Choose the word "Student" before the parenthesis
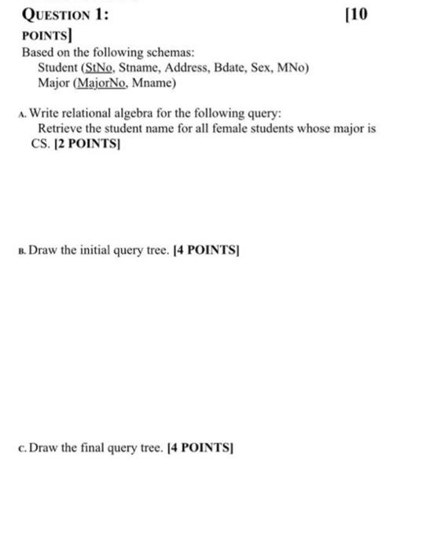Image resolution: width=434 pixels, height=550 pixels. tap(57, 68)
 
